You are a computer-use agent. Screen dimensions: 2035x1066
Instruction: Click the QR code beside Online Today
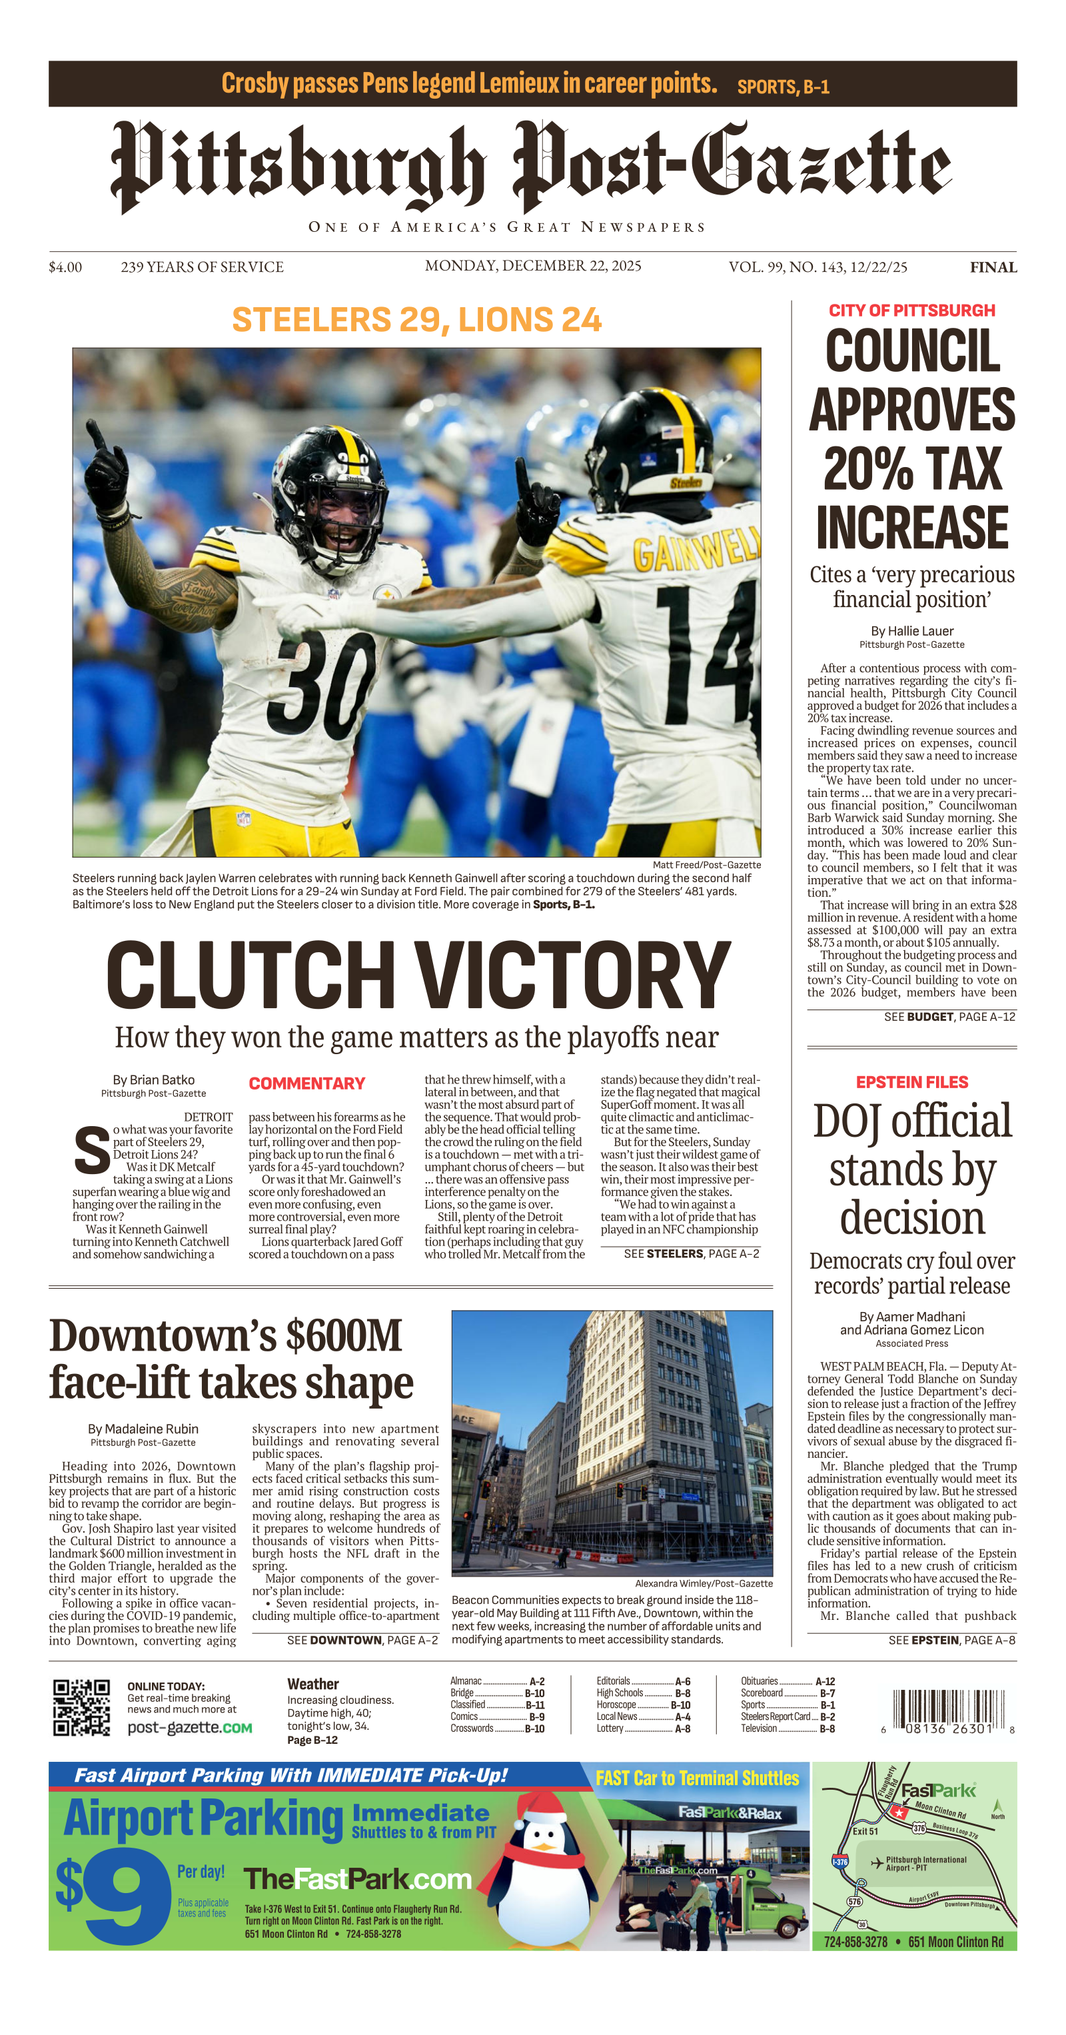[81, 1707]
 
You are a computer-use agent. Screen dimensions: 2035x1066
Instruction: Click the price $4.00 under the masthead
[65, 267]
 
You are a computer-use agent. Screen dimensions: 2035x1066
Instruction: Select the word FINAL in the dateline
[993, 267]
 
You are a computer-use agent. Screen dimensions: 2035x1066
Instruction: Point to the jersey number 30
[320, 682]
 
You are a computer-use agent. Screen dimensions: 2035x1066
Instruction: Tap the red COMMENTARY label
[306, 1083]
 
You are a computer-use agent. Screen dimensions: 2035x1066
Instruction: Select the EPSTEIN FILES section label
[911, 1081]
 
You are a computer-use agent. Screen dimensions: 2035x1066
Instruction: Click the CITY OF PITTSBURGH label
[911, 311]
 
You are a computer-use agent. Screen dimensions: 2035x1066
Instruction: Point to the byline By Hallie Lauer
[911, 630]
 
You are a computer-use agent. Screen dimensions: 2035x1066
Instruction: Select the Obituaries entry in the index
[759, 1681]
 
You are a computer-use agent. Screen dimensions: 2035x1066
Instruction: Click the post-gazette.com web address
[189, 1728]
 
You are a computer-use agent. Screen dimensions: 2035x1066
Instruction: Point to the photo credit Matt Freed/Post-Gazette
[706, 865]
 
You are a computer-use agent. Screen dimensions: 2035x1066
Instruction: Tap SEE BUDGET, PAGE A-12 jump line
[949, 1017]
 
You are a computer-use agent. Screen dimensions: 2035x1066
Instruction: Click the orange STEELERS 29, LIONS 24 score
[416, 320]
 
